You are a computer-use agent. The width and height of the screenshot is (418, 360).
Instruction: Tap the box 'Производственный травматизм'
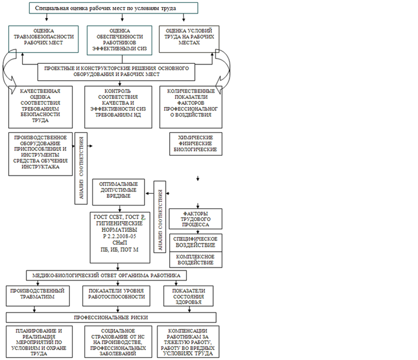pyautogui.click(x=37, y=296)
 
